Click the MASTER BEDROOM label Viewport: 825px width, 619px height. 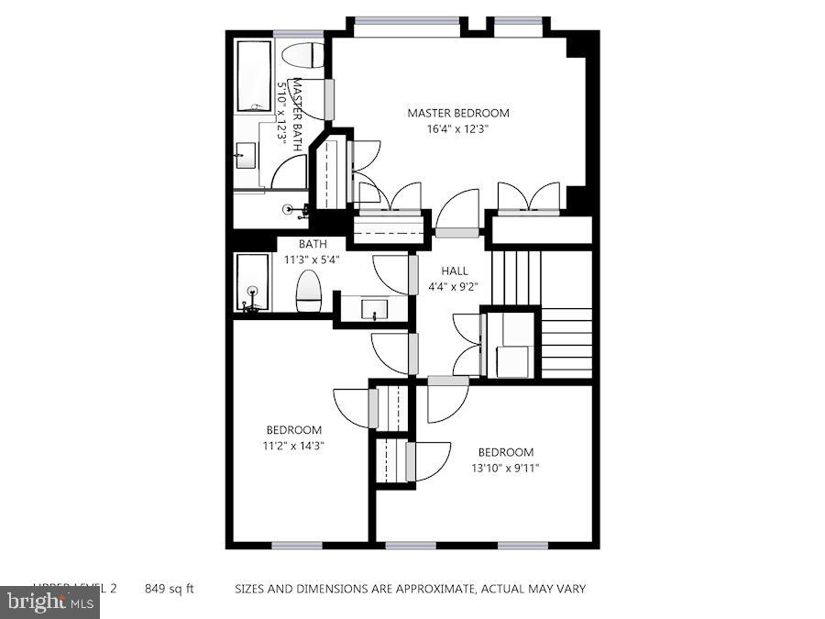click(x=457, y=113)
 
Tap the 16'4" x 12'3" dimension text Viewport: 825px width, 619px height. click(x=457, y=129)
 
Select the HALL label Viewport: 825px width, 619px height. click(x=454, y=271)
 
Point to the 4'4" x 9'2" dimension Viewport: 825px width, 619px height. click(x=454, y=286)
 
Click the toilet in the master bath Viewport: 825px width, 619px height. click(x=302, y=55)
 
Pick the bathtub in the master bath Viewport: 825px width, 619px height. click(x=253, y=73)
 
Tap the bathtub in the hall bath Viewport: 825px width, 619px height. click(x=252, y=282)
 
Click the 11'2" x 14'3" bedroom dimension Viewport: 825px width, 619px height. click(x=293, y=446)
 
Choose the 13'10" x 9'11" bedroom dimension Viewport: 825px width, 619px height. click(x=505, y=468)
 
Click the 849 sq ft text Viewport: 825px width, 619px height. click(x=170, y=588)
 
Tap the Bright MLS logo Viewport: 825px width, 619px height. click(x=50, y=602)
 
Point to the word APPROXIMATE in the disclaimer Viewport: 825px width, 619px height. click(x=429, y=588)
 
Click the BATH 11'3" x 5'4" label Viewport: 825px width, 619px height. click(x=313, y=251)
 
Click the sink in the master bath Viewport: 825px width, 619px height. click(x=245, y=155)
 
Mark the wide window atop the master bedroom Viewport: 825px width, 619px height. click(x=407, y=21)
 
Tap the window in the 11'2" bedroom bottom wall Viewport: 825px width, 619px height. click(x=296, y=545)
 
